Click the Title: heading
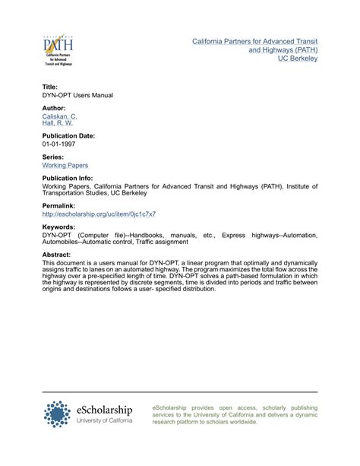[x=50, y=87]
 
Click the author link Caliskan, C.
[x=60, y=116]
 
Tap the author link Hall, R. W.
[x=58, y=123]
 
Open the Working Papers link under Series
[x=65, y=165]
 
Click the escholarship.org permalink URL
[x=90, y=215]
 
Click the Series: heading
[x=52, y=157]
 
